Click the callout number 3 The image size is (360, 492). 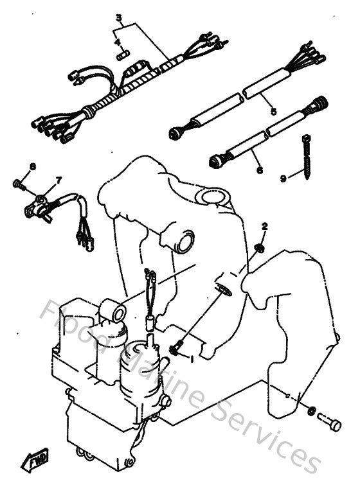118,17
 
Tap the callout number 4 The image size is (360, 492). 118,42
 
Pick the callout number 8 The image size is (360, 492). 32,166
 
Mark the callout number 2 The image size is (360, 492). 264,226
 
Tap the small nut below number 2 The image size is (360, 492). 260,247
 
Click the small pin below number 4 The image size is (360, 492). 120,56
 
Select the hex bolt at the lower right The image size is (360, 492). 330,421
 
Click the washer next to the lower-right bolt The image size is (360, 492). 310,411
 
